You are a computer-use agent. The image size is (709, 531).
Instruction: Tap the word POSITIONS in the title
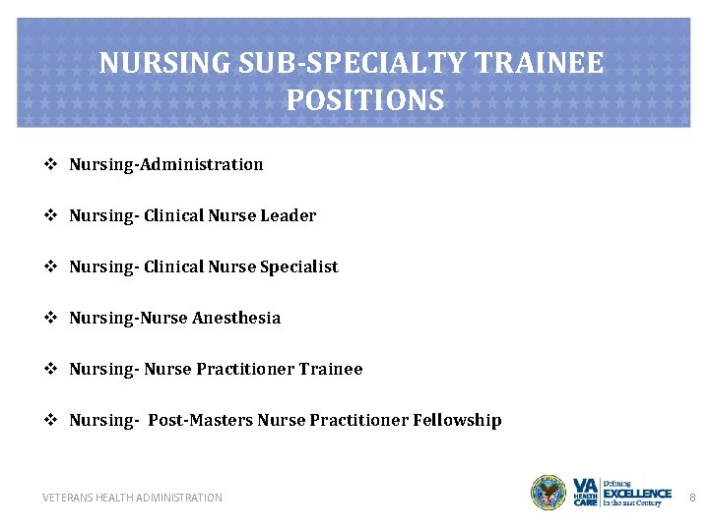tap(365, 100)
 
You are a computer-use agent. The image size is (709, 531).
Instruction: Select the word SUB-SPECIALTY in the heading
tap(357, 64)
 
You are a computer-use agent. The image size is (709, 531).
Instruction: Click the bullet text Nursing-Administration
tap(166, 164)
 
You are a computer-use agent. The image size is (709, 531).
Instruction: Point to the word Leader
tap(289, 215)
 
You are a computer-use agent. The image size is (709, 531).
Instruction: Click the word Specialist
tap(299, 266)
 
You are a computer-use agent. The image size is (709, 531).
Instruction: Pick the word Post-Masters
tap(201, 420)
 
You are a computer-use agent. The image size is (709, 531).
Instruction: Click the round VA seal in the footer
tap(548, 493)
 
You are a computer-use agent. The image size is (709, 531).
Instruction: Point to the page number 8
tap(692, 498)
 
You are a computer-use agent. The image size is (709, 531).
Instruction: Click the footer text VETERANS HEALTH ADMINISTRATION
tap(133, 498)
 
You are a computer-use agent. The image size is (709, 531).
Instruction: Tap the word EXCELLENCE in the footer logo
tap(637, 493)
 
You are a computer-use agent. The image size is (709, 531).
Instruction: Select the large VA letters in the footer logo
tap(586, 485)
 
